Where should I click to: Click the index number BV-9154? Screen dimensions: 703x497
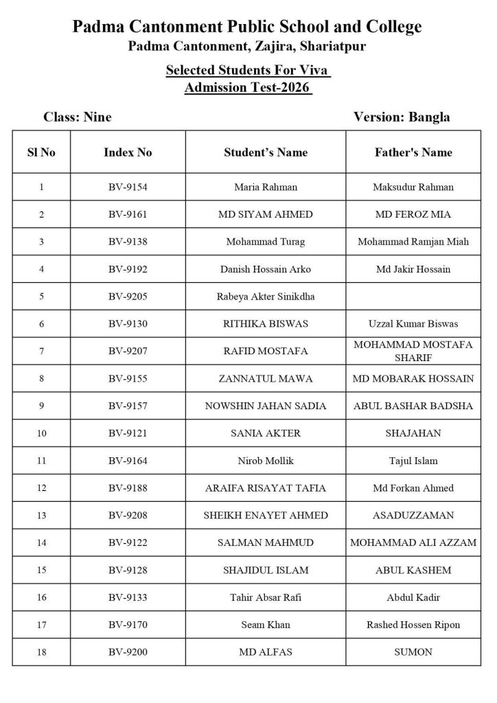128,187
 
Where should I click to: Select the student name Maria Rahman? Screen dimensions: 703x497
265,187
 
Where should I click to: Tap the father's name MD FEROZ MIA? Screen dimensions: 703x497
413,214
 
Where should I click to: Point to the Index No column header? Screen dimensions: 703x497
128,152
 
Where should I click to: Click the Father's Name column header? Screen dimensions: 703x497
413,152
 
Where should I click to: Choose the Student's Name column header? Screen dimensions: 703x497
265,152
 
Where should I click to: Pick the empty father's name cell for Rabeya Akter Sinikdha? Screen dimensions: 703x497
413,296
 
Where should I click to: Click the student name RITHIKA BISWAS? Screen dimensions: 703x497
265,323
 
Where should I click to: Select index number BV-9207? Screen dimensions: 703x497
128,351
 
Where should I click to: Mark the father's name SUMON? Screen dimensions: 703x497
413,652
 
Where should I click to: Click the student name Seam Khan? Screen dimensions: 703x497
265,624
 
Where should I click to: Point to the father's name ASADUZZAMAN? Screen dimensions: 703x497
413,515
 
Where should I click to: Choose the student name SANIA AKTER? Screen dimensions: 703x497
265,433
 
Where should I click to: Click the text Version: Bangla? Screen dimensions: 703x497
402,117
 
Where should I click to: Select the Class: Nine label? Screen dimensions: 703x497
77,117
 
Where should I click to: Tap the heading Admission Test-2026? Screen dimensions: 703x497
248,88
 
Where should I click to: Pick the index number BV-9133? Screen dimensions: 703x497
128,597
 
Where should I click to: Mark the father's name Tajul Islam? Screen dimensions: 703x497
413,461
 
